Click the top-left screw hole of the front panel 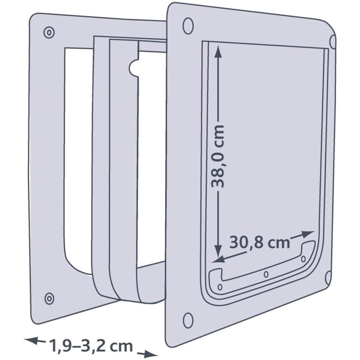coord(188,25)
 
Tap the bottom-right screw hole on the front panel coord(328,278)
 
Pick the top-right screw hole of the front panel coord(333,41)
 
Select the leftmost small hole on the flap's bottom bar coord(220,287)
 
